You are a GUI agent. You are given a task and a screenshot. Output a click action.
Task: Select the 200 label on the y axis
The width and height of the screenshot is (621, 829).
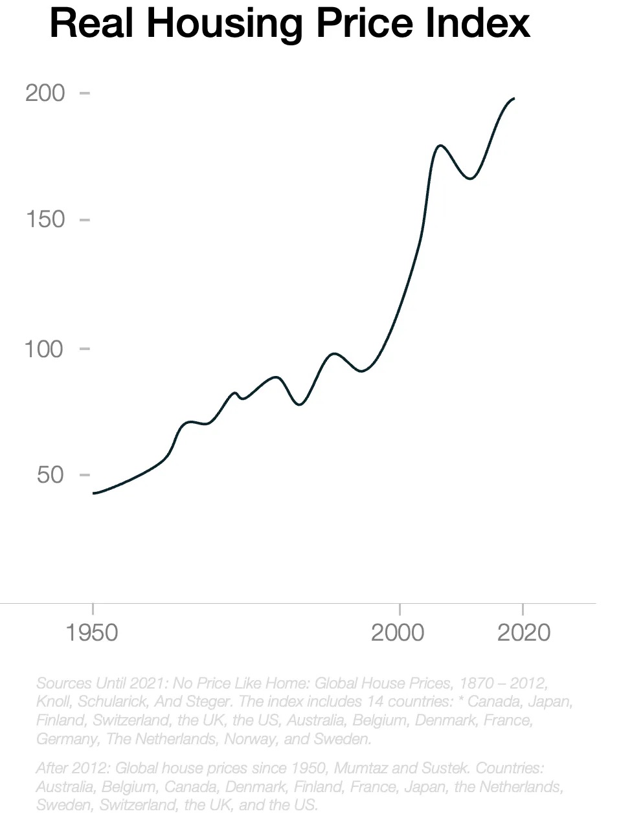45,93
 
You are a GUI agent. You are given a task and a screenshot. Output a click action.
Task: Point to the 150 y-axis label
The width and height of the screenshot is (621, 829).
45,219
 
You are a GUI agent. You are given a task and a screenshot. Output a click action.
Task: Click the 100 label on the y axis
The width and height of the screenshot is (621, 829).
43,349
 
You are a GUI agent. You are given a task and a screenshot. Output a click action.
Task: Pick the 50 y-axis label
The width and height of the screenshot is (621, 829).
50,475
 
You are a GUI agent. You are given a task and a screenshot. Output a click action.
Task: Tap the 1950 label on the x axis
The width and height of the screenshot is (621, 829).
92,632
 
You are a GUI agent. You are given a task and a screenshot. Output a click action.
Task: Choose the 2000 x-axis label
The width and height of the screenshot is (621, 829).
398,632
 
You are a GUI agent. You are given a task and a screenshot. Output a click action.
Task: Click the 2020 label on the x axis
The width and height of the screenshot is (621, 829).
523,632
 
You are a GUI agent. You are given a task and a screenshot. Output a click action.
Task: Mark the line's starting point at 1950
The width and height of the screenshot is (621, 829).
93,493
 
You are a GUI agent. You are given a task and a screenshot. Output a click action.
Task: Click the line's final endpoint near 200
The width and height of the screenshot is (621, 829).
514,98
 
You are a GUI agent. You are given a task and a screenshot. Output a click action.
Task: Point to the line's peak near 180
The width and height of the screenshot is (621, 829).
440,146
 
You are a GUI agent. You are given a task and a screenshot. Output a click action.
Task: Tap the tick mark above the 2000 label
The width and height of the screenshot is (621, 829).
400,609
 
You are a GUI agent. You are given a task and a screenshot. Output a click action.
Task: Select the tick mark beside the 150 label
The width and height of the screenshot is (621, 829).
84,219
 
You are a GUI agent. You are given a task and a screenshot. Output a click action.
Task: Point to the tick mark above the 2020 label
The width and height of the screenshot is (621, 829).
522,609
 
